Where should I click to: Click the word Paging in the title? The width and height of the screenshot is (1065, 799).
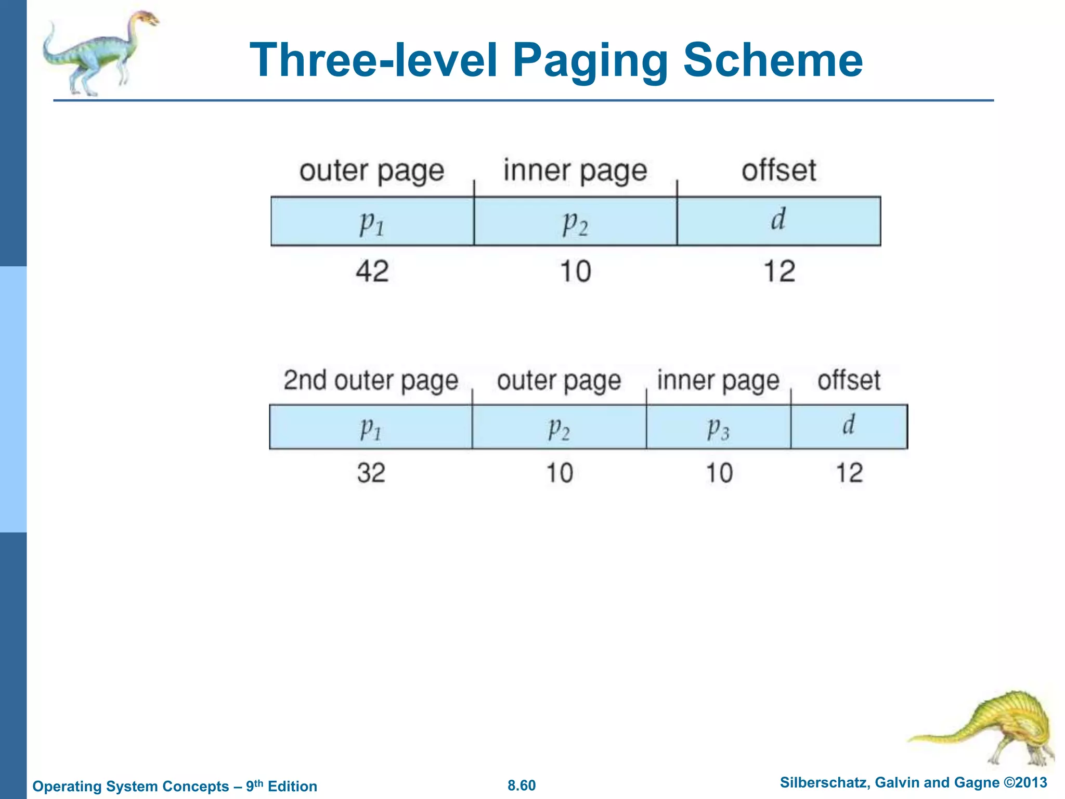[x=590, y=61]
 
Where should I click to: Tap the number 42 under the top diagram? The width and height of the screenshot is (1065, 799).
[x=372, y=271]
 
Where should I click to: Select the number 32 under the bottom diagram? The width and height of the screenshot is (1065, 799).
[x=371, y=473]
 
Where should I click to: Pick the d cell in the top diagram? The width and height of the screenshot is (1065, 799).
[x=778, y=221]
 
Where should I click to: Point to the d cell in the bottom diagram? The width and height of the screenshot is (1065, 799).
[x=849, y=427]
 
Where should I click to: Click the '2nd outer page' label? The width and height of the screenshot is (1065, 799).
[x=371, y=380]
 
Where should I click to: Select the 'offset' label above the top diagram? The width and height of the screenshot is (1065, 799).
[x=778, y=170]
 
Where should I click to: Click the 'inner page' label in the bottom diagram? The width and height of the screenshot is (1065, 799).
[x=718, y=380]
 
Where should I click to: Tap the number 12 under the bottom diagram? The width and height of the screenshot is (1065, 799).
[x=849, y=473]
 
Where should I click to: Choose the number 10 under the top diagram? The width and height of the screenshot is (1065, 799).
[x=575, y=271]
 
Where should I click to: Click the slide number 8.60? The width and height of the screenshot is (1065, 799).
[x=521, y=785]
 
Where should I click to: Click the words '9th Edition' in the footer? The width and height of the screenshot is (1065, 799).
[x=281, y=786]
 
